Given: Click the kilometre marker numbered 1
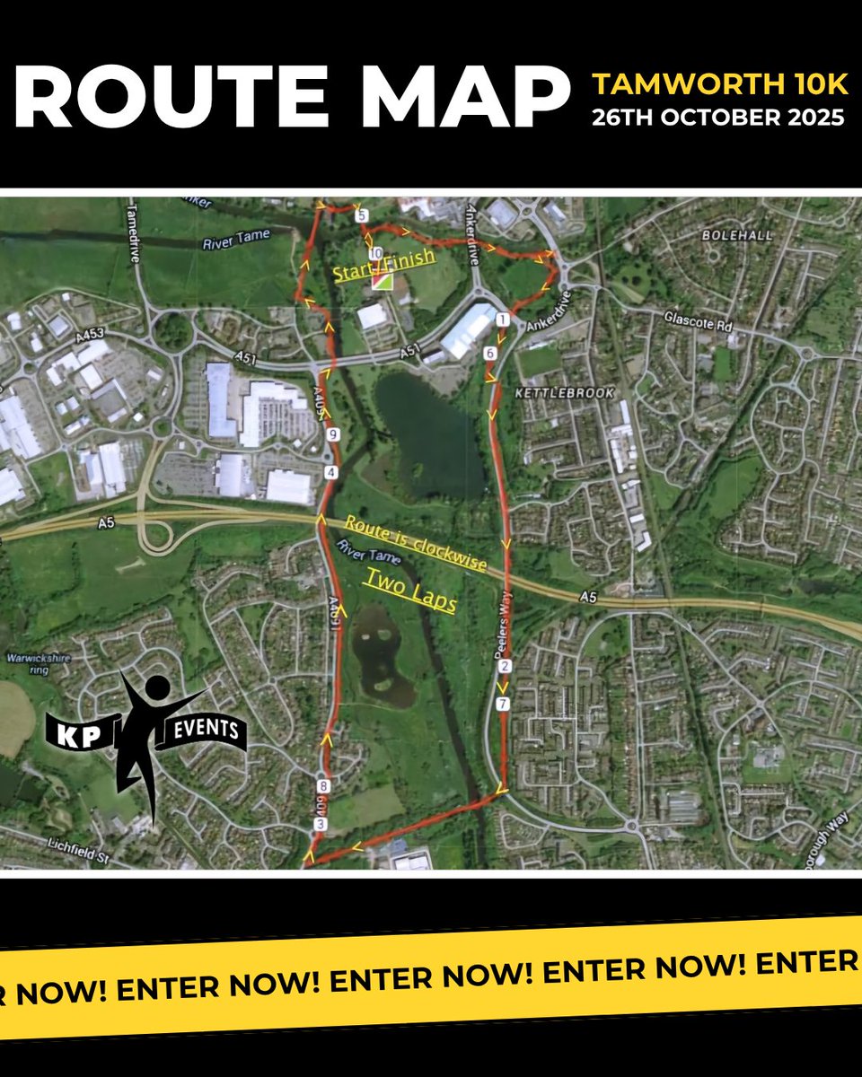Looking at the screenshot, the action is (502, 319).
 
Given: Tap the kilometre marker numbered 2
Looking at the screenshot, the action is (504, 666).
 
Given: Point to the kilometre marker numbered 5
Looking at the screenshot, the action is (361, 216).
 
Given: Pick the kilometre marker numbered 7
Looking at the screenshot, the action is (503, 705).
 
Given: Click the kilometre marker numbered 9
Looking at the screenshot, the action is (334, 435).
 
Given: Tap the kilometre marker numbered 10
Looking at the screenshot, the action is (375, 253).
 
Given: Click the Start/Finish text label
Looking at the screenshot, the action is (383, 267).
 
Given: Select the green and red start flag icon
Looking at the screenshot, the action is (383, 281).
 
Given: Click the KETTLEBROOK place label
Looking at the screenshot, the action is (553, 393).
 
